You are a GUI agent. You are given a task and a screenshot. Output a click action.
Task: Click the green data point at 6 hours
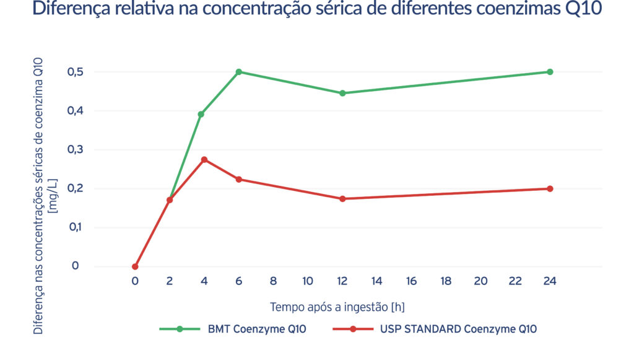click(x=238, y=72)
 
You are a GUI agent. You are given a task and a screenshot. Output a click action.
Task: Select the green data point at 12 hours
click(x=342, y=93)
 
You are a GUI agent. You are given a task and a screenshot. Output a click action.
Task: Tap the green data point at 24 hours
click(x=550, y=72)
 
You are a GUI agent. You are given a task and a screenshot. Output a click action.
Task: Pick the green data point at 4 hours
click(x=201, y=114)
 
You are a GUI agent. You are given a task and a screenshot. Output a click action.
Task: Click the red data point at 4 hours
click(x=204, y=159)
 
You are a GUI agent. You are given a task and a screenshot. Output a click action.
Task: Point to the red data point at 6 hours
click(x=238, y=179)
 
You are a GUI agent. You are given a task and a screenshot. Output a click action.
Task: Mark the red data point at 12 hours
click(x=342, y=199)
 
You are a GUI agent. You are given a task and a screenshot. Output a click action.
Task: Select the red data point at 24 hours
click(x=550, y=188)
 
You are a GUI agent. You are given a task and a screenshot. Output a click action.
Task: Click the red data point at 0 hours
click(x=135, y=266)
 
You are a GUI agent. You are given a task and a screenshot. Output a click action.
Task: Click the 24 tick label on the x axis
click(x=550, y=281)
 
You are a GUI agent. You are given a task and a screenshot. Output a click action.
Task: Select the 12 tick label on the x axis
click(x=342, y=281)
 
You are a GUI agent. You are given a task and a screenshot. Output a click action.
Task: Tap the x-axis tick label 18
click(x=446, y=281)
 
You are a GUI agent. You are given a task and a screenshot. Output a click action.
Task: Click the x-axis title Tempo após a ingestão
click(x=337, y=307)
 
